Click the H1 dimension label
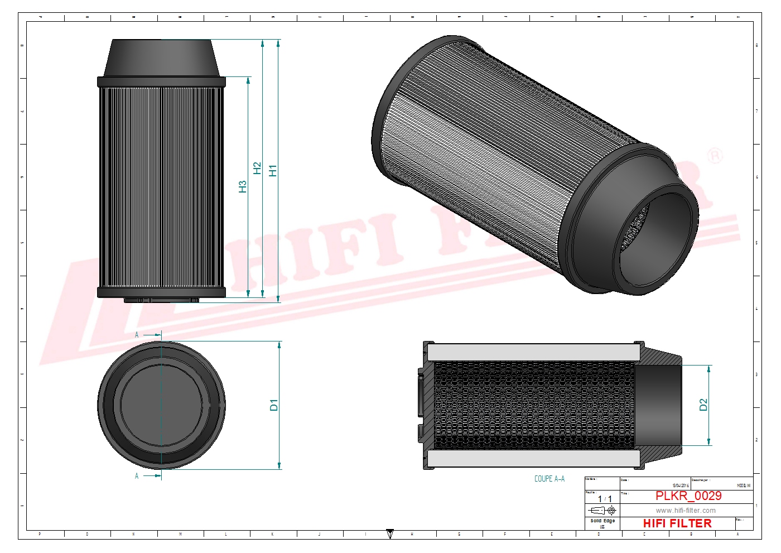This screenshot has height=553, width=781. pos(273,171)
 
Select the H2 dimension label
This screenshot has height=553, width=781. pos(257,168)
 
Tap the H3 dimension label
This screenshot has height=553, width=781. pos(243,186)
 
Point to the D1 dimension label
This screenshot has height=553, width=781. pos(274,405)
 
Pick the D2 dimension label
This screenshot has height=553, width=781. pos(703,405)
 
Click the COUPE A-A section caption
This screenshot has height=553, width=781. pos(549,479)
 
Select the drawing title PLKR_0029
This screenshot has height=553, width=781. pos(688,496)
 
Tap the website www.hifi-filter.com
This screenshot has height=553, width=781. pos(685,510)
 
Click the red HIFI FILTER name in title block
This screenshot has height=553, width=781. pos(677,523)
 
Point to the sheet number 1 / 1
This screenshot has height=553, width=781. pos(604,499)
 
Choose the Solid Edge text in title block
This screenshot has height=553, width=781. pos(602,521)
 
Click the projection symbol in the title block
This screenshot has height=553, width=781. pos(602,511)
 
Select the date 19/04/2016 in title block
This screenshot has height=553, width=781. pos(681,486)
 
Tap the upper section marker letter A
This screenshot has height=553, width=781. pos(137,335)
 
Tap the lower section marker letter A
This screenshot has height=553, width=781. pos(137,476)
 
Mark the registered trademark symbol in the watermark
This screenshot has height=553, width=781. pos(715,156)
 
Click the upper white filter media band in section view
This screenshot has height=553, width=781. pos(533,352)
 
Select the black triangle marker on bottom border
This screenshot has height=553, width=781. pos(390,534)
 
